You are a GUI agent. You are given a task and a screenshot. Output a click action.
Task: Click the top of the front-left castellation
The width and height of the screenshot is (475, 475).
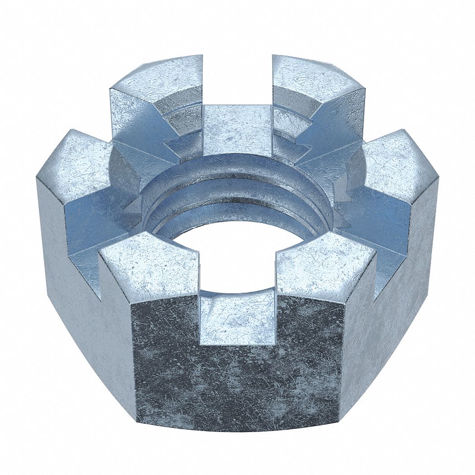149,267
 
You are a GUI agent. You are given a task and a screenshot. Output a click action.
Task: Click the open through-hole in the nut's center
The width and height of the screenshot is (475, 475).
237,253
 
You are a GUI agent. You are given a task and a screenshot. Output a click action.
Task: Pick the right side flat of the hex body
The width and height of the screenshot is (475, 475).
389,317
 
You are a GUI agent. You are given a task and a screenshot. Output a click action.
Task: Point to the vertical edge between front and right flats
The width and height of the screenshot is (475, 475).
342,362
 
